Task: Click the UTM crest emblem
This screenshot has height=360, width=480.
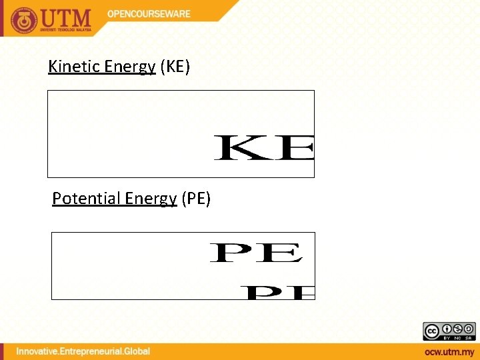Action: point(25,19)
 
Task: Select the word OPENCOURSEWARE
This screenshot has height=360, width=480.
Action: point(149,13)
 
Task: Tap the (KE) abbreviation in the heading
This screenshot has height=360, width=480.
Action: point(175,66)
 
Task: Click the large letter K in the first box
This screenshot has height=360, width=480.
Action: point(239,148)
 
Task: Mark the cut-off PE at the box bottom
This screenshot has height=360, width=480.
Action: point(277,293)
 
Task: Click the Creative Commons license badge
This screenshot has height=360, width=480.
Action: point(449,331)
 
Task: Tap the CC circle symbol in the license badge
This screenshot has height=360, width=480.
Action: point(431,329)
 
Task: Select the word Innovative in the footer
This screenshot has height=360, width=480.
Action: point(42,351)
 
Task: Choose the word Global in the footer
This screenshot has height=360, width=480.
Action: point(137,351)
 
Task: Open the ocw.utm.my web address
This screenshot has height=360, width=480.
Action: point(449,351)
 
